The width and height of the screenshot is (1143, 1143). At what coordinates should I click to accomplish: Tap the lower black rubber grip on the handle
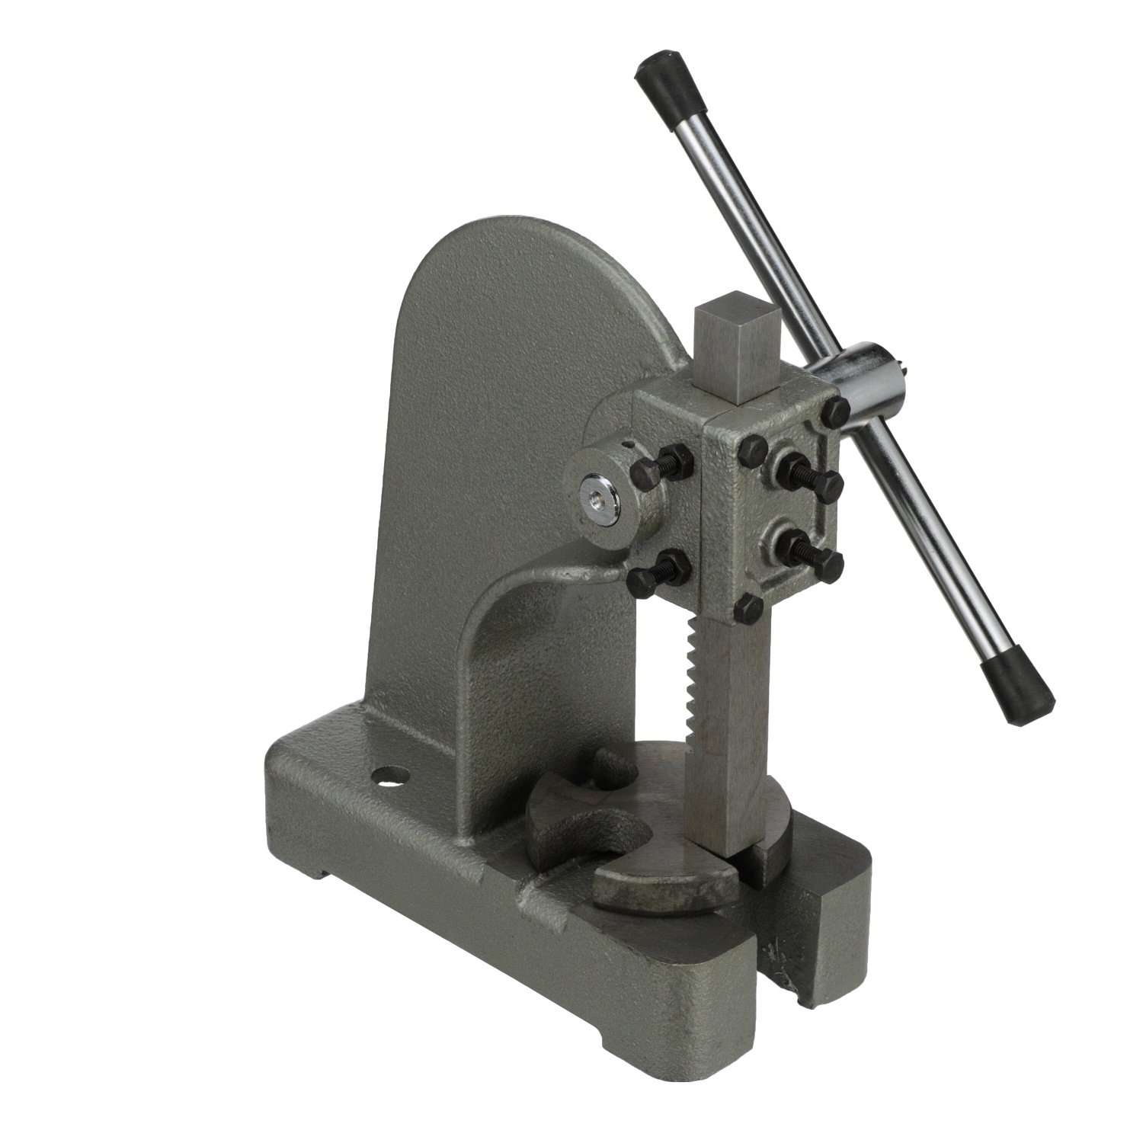1017,686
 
